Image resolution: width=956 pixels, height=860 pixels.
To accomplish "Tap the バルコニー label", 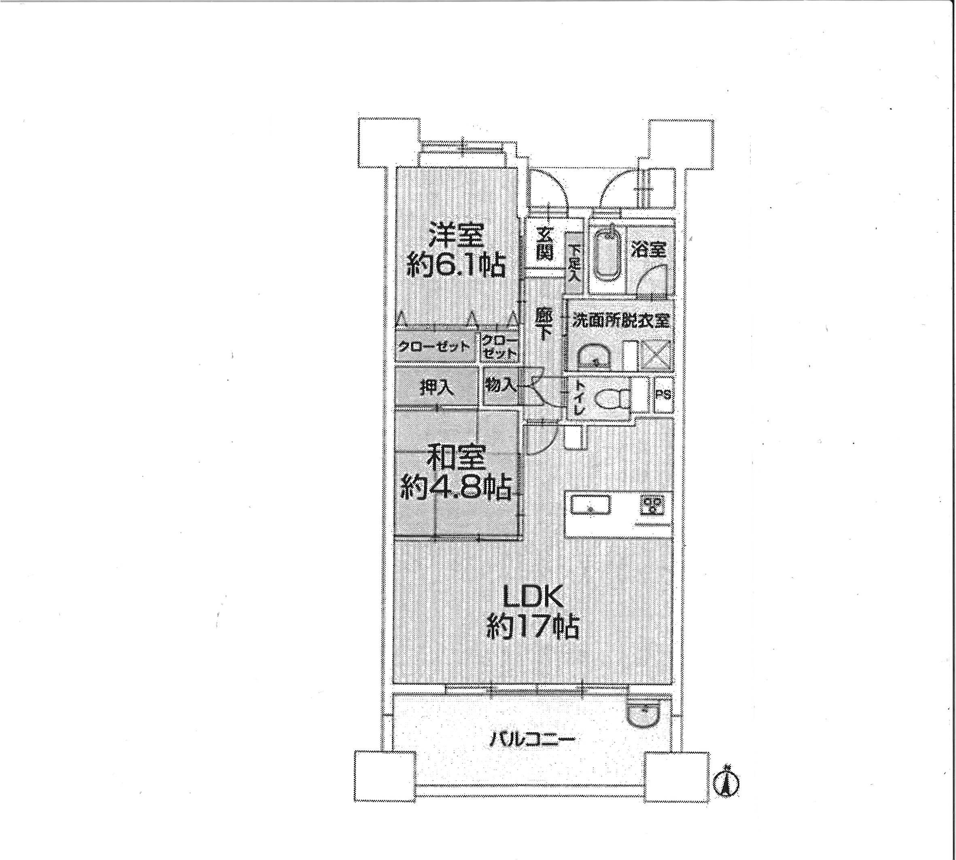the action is coord(532,739).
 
